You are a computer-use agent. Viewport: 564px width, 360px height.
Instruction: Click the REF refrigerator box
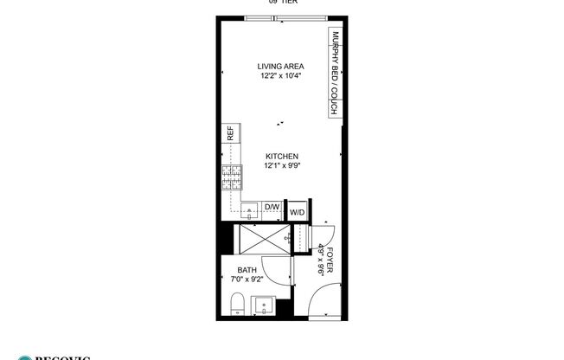(x=230, y=133)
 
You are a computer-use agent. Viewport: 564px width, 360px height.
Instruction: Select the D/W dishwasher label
(x=271, y=207)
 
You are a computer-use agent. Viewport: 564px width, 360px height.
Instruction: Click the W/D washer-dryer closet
(x=297, y=212)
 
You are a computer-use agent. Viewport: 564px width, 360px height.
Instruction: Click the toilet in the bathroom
(x=236, y=304)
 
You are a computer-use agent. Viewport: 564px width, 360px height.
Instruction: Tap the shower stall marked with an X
(x=263, y=237)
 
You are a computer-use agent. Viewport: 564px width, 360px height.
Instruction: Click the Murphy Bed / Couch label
(x=333, y=74)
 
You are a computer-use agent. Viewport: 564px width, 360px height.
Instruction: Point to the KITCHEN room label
(x=282, y=157)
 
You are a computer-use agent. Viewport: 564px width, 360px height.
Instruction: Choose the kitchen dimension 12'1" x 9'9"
(x=282, y=166)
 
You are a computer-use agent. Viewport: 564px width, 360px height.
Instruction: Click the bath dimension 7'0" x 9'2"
(x=247, y=280)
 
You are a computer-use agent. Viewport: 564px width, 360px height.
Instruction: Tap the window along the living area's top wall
(x=275, y=18)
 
